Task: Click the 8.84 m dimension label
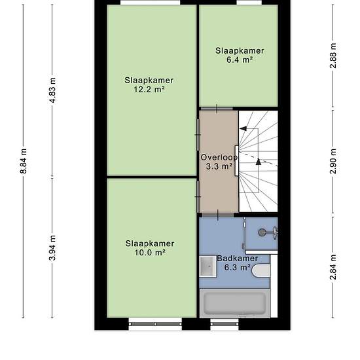[24, 161]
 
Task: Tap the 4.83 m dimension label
[52, 90]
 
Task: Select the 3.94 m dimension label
[52, 248]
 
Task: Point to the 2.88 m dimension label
[333, 56]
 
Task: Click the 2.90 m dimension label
[333, 162]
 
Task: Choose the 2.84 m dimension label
[333, 267]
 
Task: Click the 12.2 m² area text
[149, 89]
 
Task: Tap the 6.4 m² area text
[240, 60]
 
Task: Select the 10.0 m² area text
[150, 253]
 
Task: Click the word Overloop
[219, 158]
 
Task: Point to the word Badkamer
[238, 259]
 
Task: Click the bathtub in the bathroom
[234, 303]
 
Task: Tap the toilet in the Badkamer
[261, 271]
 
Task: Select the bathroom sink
[207, 266]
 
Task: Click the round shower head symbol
[262, 232]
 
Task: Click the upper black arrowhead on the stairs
[243, 128]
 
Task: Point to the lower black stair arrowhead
[259, 162]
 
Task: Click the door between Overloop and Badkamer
[218, 215]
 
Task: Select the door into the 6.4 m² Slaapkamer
[217, 109]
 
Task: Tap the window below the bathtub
[225, 324]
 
